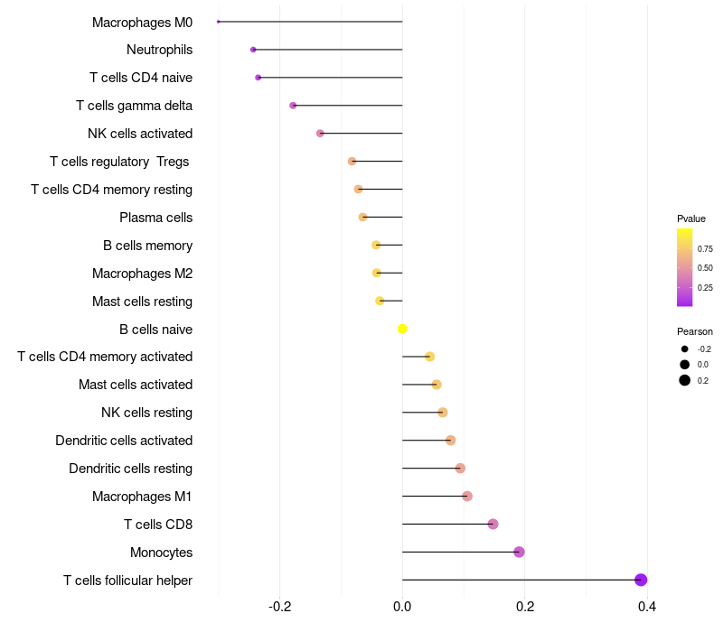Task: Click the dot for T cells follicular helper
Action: [x=641, y=580]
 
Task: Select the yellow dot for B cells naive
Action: [x=402, y=329]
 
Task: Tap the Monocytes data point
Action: [x=519, y=552]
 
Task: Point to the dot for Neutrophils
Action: [x=253, y=50]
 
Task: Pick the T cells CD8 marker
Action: [x=493, y=524]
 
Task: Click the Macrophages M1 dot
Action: [x=467, y=496]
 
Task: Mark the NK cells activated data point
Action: [x=320, y=134]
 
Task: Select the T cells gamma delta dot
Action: [x=293, y=106]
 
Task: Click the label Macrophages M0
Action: [x=142, y=22]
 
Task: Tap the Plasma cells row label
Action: [x=155, y=218]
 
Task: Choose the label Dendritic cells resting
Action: [x=130, y=469]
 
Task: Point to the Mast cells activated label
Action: [x=136, y=385]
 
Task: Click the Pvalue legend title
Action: [x=691, y=218]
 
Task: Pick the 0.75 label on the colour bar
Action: [x=705, y=249]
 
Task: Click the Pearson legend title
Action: [x=695, y=331]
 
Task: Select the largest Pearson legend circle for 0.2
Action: [x=685, y=380]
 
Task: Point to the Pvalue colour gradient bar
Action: [x=684, y=267]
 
